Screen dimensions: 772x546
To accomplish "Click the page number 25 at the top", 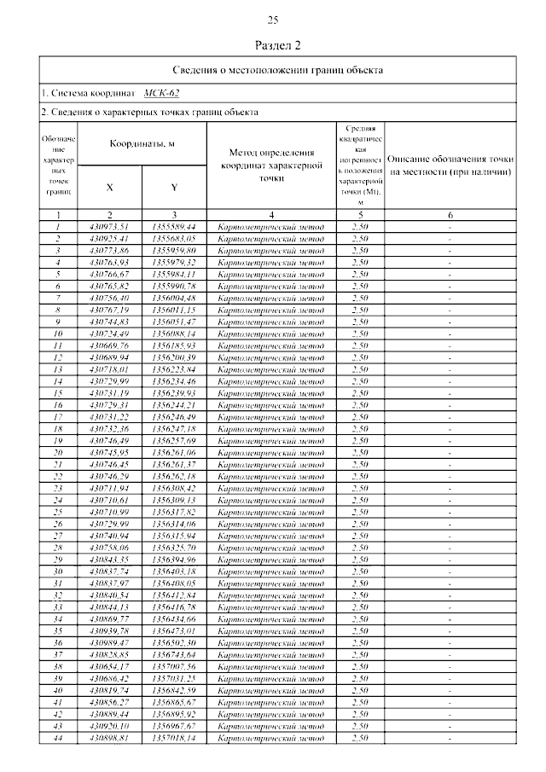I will [273, 20].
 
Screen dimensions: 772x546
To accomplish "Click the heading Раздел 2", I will [273, 44].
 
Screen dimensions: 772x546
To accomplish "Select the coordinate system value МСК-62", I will [161, 92].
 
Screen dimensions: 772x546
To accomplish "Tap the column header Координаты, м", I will [142, 144].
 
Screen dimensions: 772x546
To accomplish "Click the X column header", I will [109, 187].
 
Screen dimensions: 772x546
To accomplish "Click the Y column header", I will [173, 187].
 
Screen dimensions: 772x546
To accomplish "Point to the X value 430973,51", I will [109, 227].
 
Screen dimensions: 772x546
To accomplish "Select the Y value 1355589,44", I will [173, 227].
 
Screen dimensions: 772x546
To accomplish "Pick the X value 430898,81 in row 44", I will [109, 737].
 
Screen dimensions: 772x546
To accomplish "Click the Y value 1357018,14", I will [173, 737].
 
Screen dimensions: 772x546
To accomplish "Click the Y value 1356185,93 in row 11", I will [173, 345].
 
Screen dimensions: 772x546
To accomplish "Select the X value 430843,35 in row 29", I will [109, 559].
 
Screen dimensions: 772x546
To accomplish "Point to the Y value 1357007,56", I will [173, 665].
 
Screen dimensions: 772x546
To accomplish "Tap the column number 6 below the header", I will [450, 215].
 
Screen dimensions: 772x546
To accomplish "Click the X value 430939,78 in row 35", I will [109, 630].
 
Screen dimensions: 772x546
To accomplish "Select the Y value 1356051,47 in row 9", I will [173, 322].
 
